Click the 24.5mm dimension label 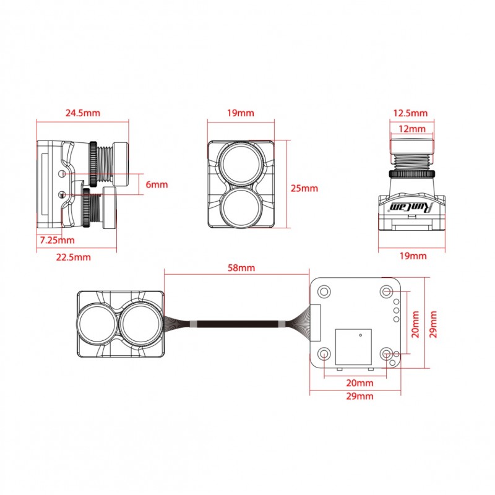point(82,113)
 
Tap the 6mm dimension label point(157,184)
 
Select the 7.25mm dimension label point(56,239)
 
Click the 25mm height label point(304,188)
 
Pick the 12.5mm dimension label point(410,113)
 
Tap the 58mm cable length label point(240,268)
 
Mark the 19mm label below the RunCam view point(413,256)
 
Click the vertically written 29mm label point(434,324)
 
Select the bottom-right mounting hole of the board point(387,354)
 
